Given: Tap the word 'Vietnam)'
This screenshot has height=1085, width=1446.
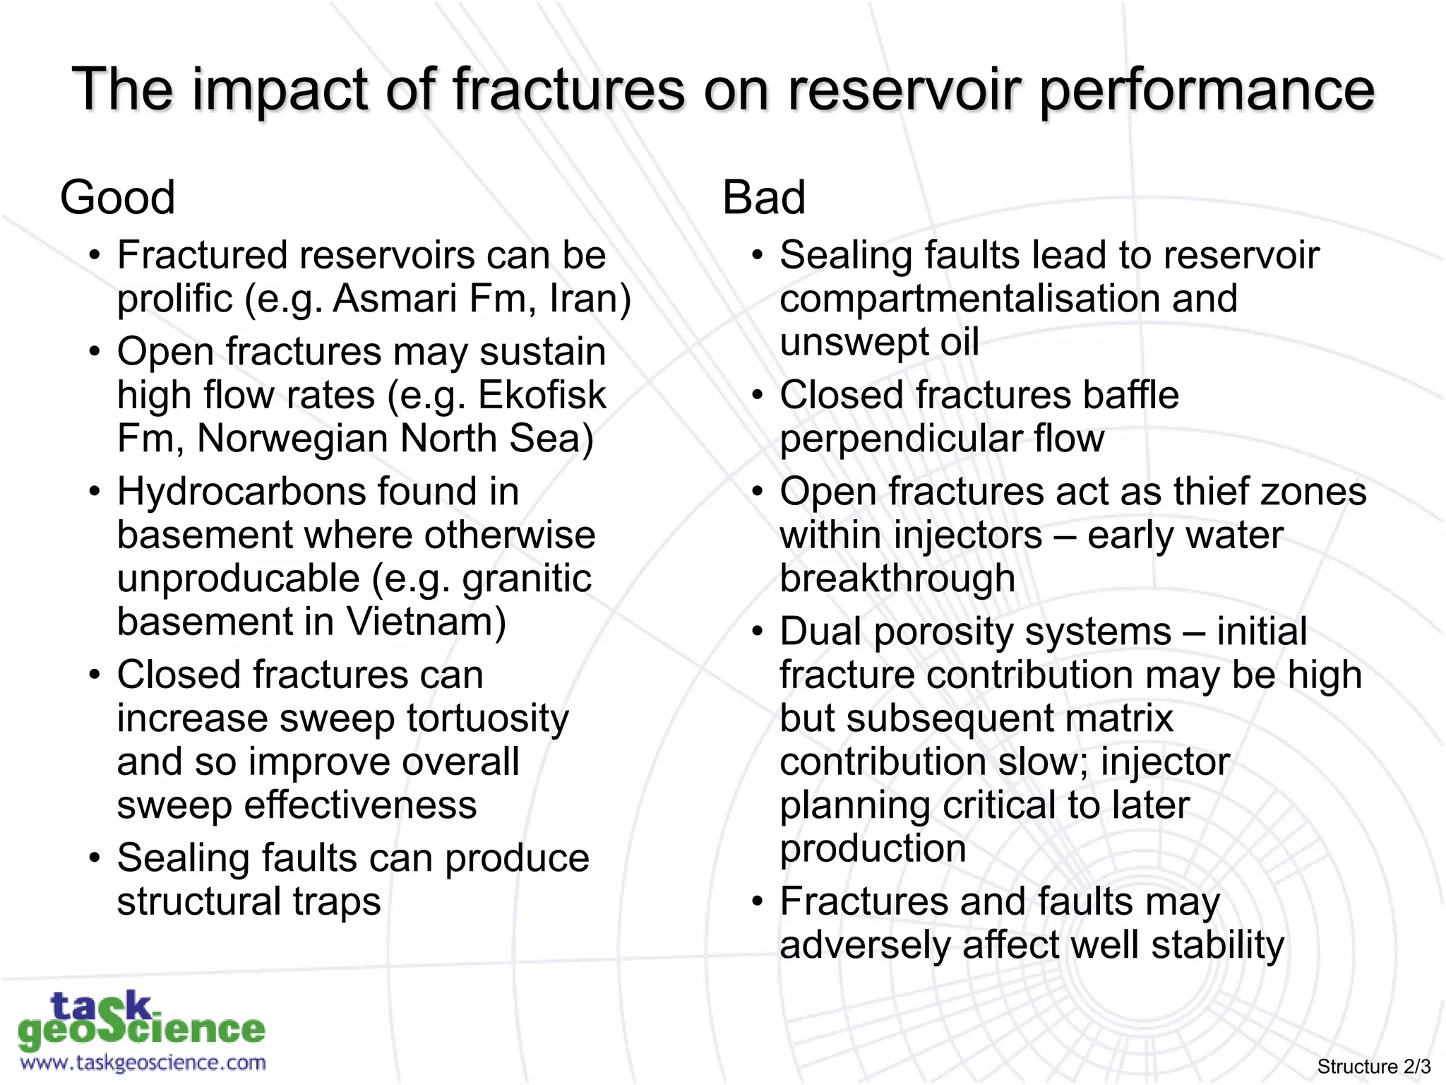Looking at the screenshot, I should click(x=426, y=622).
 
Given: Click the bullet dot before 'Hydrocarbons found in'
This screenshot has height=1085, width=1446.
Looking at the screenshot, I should click(x=95, y=492).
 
